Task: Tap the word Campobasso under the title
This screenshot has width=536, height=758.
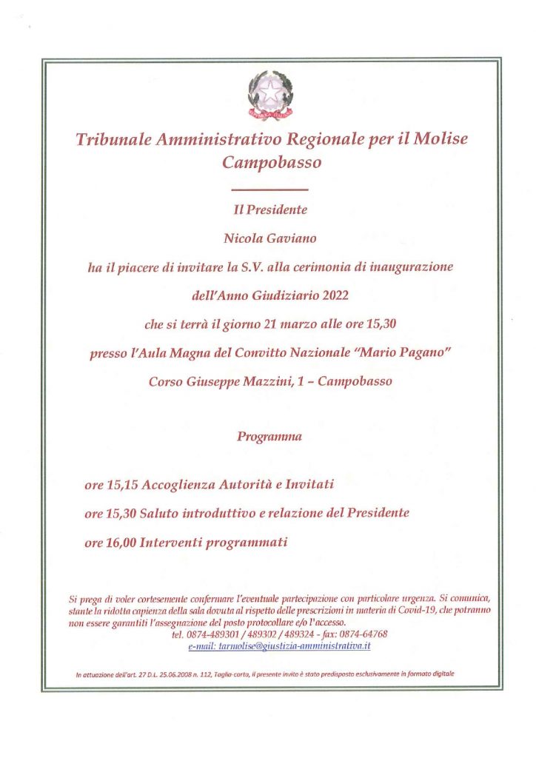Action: [x=272, y=163]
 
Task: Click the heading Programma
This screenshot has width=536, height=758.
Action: [x=269, y=437]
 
